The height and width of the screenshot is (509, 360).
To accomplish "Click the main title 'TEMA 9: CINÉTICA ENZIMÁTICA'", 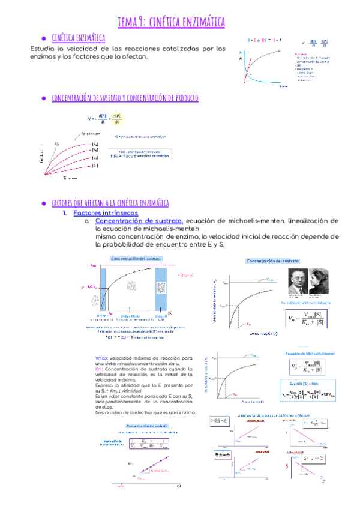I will click(x=171, y=22).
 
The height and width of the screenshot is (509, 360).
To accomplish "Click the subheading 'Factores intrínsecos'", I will click(x=105, y=213).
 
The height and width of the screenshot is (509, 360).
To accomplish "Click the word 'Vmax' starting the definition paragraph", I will click(x=101, y=357).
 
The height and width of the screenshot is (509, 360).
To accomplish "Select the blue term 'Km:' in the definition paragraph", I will click(x=100, y=369).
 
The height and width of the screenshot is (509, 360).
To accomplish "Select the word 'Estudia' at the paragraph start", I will click(x=43, y=48).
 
